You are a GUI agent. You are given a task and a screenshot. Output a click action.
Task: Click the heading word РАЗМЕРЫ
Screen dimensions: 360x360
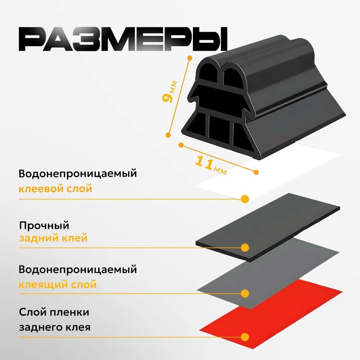click(x=123, y=39)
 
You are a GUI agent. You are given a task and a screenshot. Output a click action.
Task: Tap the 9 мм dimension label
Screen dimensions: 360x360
click(x=170, y=91)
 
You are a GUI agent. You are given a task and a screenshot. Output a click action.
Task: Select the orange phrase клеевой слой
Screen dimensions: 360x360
click(x=55, y=189)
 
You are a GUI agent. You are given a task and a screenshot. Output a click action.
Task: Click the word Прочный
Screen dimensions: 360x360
click(x=44, y=226)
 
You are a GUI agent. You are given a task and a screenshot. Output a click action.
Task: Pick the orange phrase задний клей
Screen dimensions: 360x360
click(x=53, y=238)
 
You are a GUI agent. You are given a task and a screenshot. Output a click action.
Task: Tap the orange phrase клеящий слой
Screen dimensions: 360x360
click(x=58, y=285)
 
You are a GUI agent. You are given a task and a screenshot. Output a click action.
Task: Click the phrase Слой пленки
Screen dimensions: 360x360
click(x=54, y=312)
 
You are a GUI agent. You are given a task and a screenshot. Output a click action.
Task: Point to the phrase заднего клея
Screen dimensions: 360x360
click(x=55, y=327)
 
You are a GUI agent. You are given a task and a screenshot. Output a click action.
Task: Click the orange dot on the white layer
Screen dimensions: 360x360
click(x=245, y=199)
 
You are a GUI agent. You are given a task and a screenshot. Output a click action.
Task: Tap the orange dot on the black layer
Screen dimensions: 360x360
click(x=245, y=248)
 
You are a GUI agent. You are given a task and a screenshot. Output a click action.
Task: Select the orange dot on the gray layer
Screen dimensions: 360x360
click(x=245, y=293)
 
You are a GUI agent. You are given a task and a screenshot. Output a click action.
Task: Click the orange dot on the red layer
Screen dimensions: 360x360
click(x=245, y=337)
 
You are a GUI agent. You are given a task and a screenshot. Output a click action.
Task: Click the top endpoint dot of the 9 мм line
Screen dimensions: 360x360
click(x=190, y=58)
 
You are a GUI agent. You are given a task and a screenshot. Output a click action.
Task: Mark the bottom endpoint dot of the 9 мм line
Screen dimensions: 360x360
click(x=168, y=135)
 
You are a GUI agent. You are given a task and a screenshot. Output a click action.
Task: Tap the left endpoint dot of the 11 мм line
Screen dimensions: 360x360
click(x=181, y=145)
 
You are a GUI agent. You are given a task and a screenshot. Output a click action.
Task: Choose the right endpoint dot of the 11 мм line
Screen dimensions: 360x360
click(x=256, y=172)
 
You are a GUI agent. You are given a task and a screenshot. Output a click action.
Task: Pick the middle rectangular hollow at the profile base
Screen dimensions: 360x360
click(x=219, y=129)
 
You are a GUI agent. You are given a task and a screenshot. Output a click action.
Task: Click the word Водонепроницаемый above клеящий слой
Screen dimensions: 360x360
click(x=78, y=270)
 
